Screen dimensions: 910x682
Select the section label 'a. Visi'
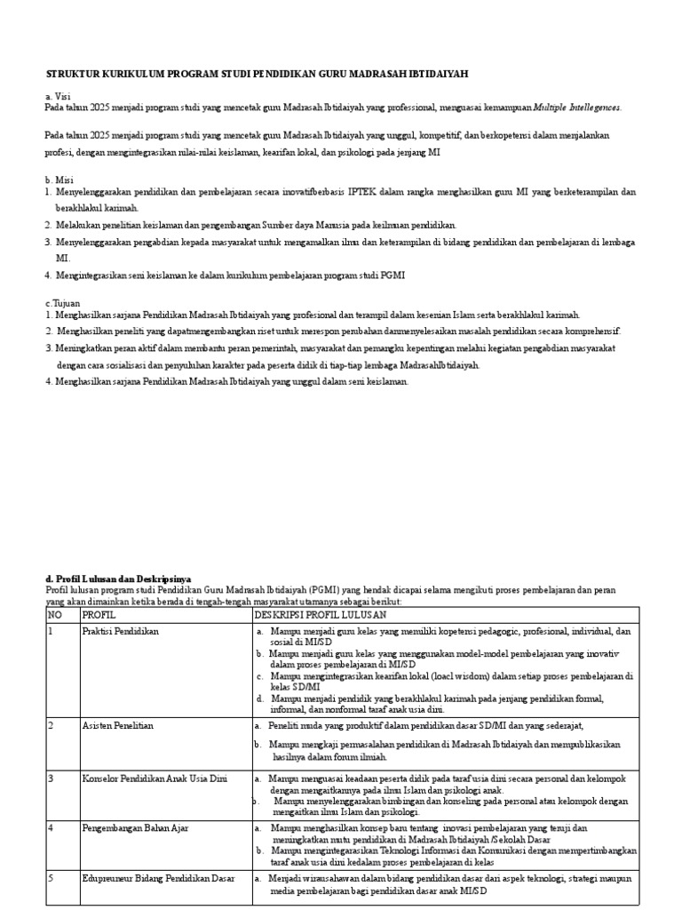57,96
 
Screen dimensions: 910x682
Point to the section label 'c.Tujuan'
62,303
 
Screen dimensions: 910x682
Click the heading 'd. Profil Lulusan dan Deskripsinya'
118,579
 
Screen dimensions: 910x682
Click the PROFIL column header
99,614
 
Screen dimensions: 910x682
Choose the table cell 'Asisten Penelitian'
118,725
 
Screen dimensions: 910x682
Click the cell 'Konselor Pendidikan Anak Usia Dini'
155,778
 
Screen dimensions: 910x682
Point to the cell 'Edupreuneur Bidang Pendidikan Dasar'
158,879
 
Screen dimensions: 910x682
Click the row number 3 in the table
51,778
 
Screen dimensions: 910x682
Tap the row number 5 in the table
51,879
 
